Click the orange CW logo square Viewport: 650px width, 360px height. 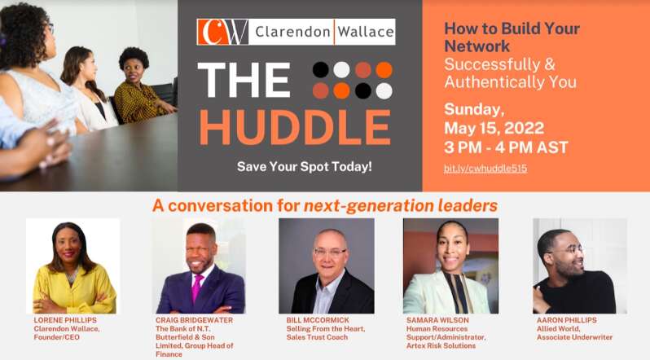[x=222, y=32]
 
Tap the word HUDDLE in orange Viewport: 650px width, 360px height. [x=295, y=127]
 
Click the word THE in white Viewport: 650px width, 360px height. [x=244, y=79]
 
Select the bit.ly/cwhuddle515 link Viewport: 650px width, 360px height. [x=485, y=169]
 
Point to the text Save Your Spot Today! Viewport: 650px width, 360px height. [x=305, y=167]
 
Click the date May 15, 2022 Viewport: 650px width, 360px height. [x=494, y=128]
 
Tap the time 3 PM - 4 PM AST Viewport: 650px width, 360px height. [x=506, y=147]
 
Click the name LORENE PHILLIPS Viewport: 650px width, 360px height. [x=65, y=320]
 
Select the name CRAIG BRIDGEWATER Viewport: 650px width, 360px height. [x=194, y=320]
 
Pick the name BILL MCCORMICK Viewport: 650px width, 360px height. [x=318, y=320]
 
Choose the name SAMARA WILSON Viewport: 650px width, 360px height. [x=437, y=320]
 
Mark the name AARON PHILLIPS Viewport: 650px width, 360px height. [x=567, y=320]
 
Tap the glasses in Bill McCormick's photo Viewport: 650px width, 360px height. [x=330, y=252]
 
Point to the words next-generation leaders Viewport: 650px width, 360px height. [x=401, y=206]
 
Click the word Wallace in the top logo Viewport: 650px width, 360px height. [x=365, y=32]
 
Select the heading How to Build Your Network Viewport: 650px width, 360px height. [x=512, y=37]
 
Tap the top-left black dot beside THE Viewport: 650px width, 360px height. [x=320, y=70]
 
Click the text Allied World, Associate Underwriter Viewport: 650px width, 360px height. [x=574, y=333]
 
